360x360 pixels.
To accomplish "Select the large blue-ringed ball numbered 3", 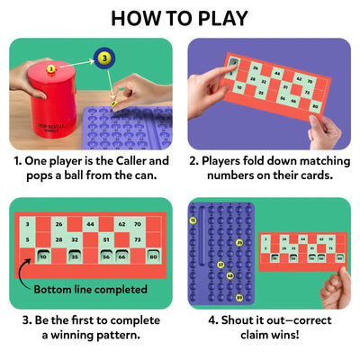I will tap(104, 58).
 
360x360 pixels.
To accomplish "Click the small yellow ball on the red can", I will tap(51, 67).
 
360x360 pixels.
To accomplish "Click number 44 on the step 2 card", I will tap(276, 75).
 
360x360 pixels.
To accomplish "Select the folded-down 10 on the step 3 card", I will tap(43, 256).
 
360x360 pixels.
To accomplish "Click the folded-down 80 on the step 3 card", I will tap(153, 256).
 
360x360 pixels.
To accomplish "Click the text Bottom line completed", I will tap(90, 289).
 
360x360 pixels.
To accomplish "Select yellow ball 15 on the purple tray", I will tap(193, 220).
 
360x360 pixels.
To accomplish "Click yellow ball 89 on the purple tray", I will tap(238, 297).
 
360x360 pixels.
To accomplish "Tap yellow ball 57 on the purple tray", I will tap(220, 265).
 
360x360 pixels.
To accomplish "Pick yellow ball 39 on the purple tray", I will tap(238, 242).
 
